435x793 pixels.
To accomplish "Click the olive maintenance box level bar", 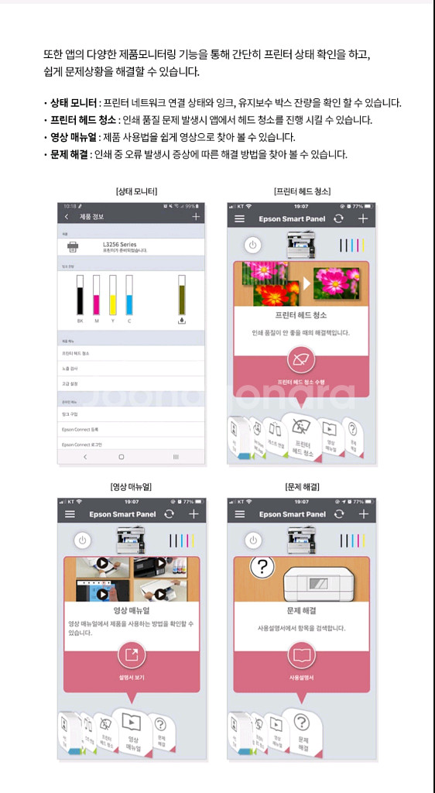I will coord(182,294).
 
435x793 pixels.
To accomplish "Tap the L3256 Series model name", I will coord(119,244).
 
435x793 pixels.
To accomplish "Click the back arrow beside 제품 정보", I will coord(67,218).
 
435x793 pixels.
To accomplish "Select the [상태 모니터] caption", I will coord(135,191).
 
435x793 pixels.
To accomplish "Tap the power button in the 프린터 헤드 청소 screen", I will coord(252,245).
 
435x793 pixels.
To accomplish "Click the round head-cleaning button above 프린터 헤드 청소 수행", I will coord(300,360).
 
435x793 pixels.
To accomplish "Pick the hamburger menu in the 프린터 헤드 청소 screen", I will coord(241,219).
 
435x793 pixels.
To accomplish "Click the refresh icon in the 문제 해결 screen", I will coord(338,514).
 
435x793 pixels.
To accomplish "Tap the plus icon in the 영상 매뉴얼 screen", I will coord(194,514).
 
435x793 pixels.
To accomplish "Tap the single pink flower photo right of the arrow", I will coord(336,283).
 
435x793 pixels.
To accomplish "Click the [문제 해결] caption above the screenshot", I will coord(302,486).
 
